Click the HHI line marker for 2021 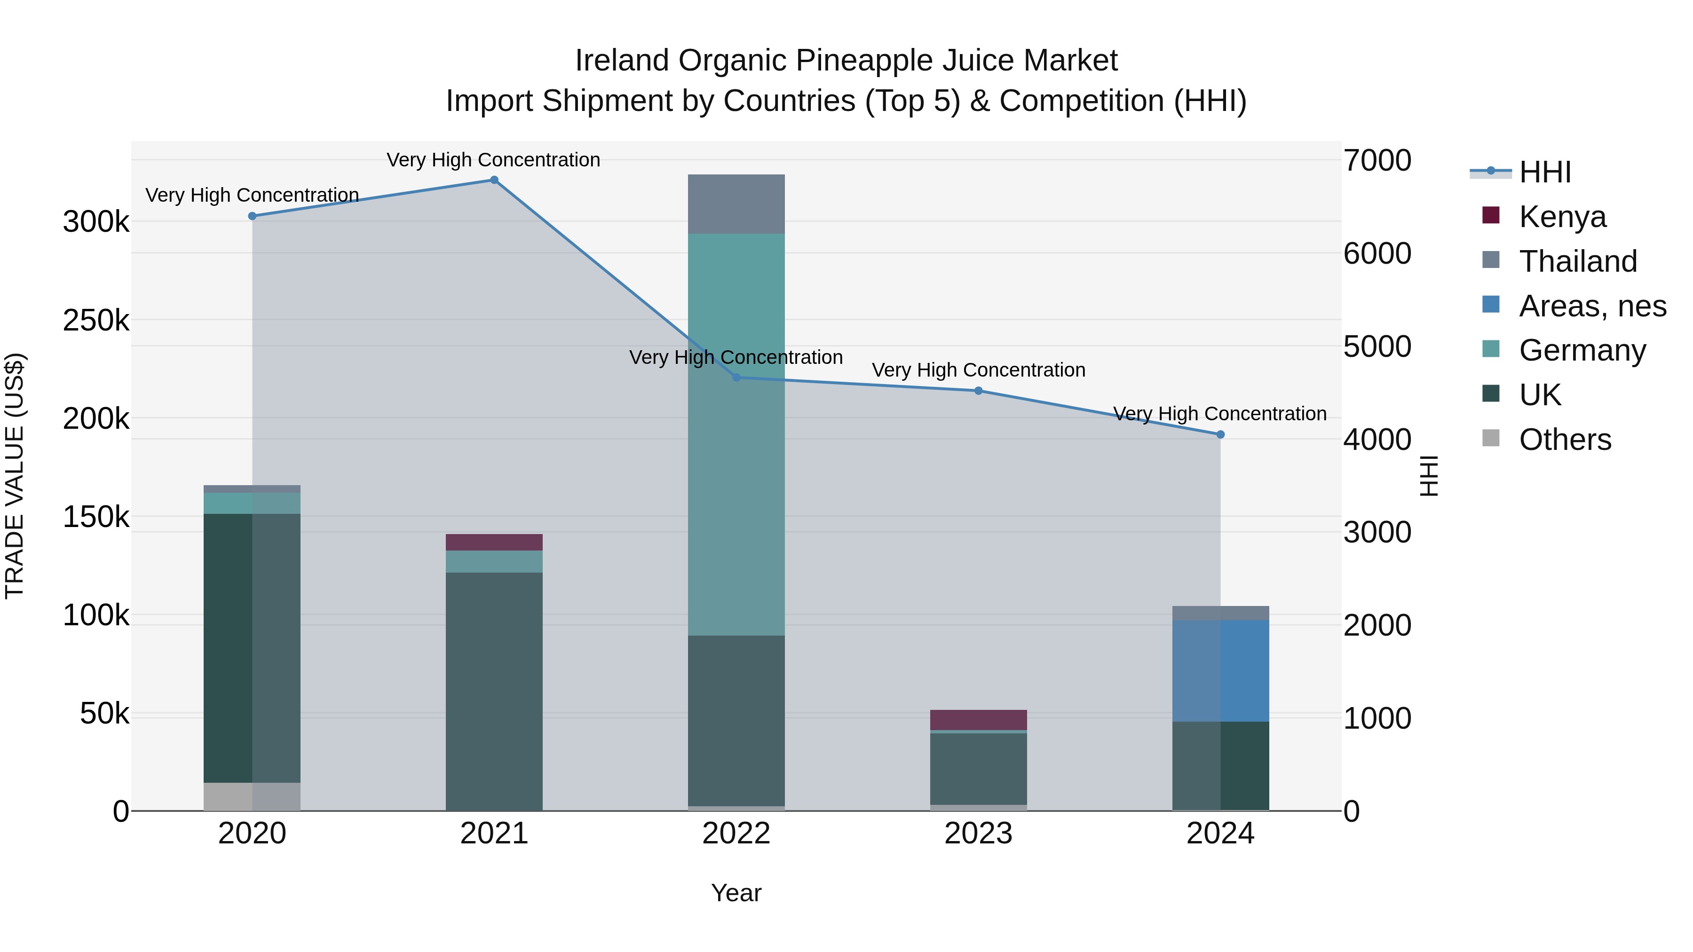494,180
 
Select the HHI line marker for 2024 1220,434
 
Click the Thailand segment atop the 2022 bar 736,205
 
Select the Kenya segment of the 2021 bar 494,542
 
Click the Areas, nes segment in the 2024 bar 1220,670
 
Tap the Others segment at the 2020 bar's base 252,796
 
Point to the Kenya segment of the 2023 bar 978,719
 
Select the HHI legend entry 1544,172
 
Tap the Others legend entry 1565,440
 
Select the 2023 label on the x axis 978,834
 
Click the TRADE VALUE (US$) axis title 15,476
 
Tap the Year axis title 736,893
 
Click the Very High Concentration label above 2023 978,370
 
